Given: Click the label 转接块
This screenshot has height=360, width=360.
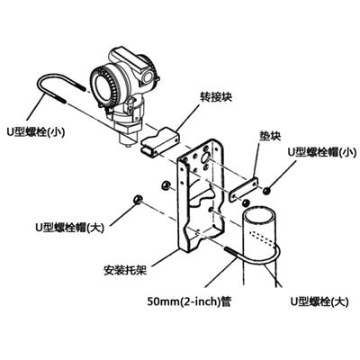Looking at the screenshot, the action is click(x=216, y=97).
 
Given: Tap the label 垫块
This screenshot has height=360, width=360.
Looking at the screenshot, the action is click(x=270, y=136).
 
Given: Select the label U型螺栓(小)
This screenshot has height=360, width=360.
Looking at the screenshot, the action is click(x=36, y=132).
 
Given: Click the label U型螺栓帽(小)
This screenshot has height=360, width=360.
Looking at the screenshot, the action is click(x=322, y=152).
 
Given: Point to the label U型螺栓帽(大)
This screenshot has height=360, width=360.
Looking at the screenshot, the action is click(x=69, y=228).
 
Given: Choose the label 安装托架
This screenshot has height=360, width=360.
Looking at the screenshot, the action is click(x=125, y=271).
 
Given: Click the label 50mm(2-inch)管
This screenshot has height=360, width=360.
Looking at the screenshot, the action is click(x=189, y=301).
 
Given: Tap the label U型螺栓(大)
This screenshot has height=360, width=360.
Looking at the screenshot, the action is click(x=319, y=301).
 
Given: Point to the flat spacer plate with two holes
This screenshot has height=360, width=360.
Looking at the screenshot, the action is click(x=244, y=190).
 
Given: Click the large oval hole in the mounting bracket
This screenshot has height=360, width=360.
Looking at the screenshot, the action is click(x=207, y=157).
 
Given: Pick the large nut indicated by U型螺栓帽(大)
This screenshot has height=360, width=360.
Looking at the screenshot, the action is click(x=137, y=199).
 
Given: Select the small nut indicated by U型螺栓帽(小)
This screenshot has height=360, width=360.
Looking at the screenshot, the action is click(x=265, y=191).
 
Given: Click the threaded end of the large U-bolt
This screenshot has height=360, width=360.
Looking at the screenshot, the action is click(x=232, y=251).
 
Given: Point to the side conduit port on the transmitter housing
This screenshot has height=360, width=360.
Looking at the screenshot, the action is click(x=148, y=76).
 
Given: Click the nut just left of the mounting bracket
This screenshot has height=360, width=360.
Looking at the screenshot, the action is click(x=165, y=185).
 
